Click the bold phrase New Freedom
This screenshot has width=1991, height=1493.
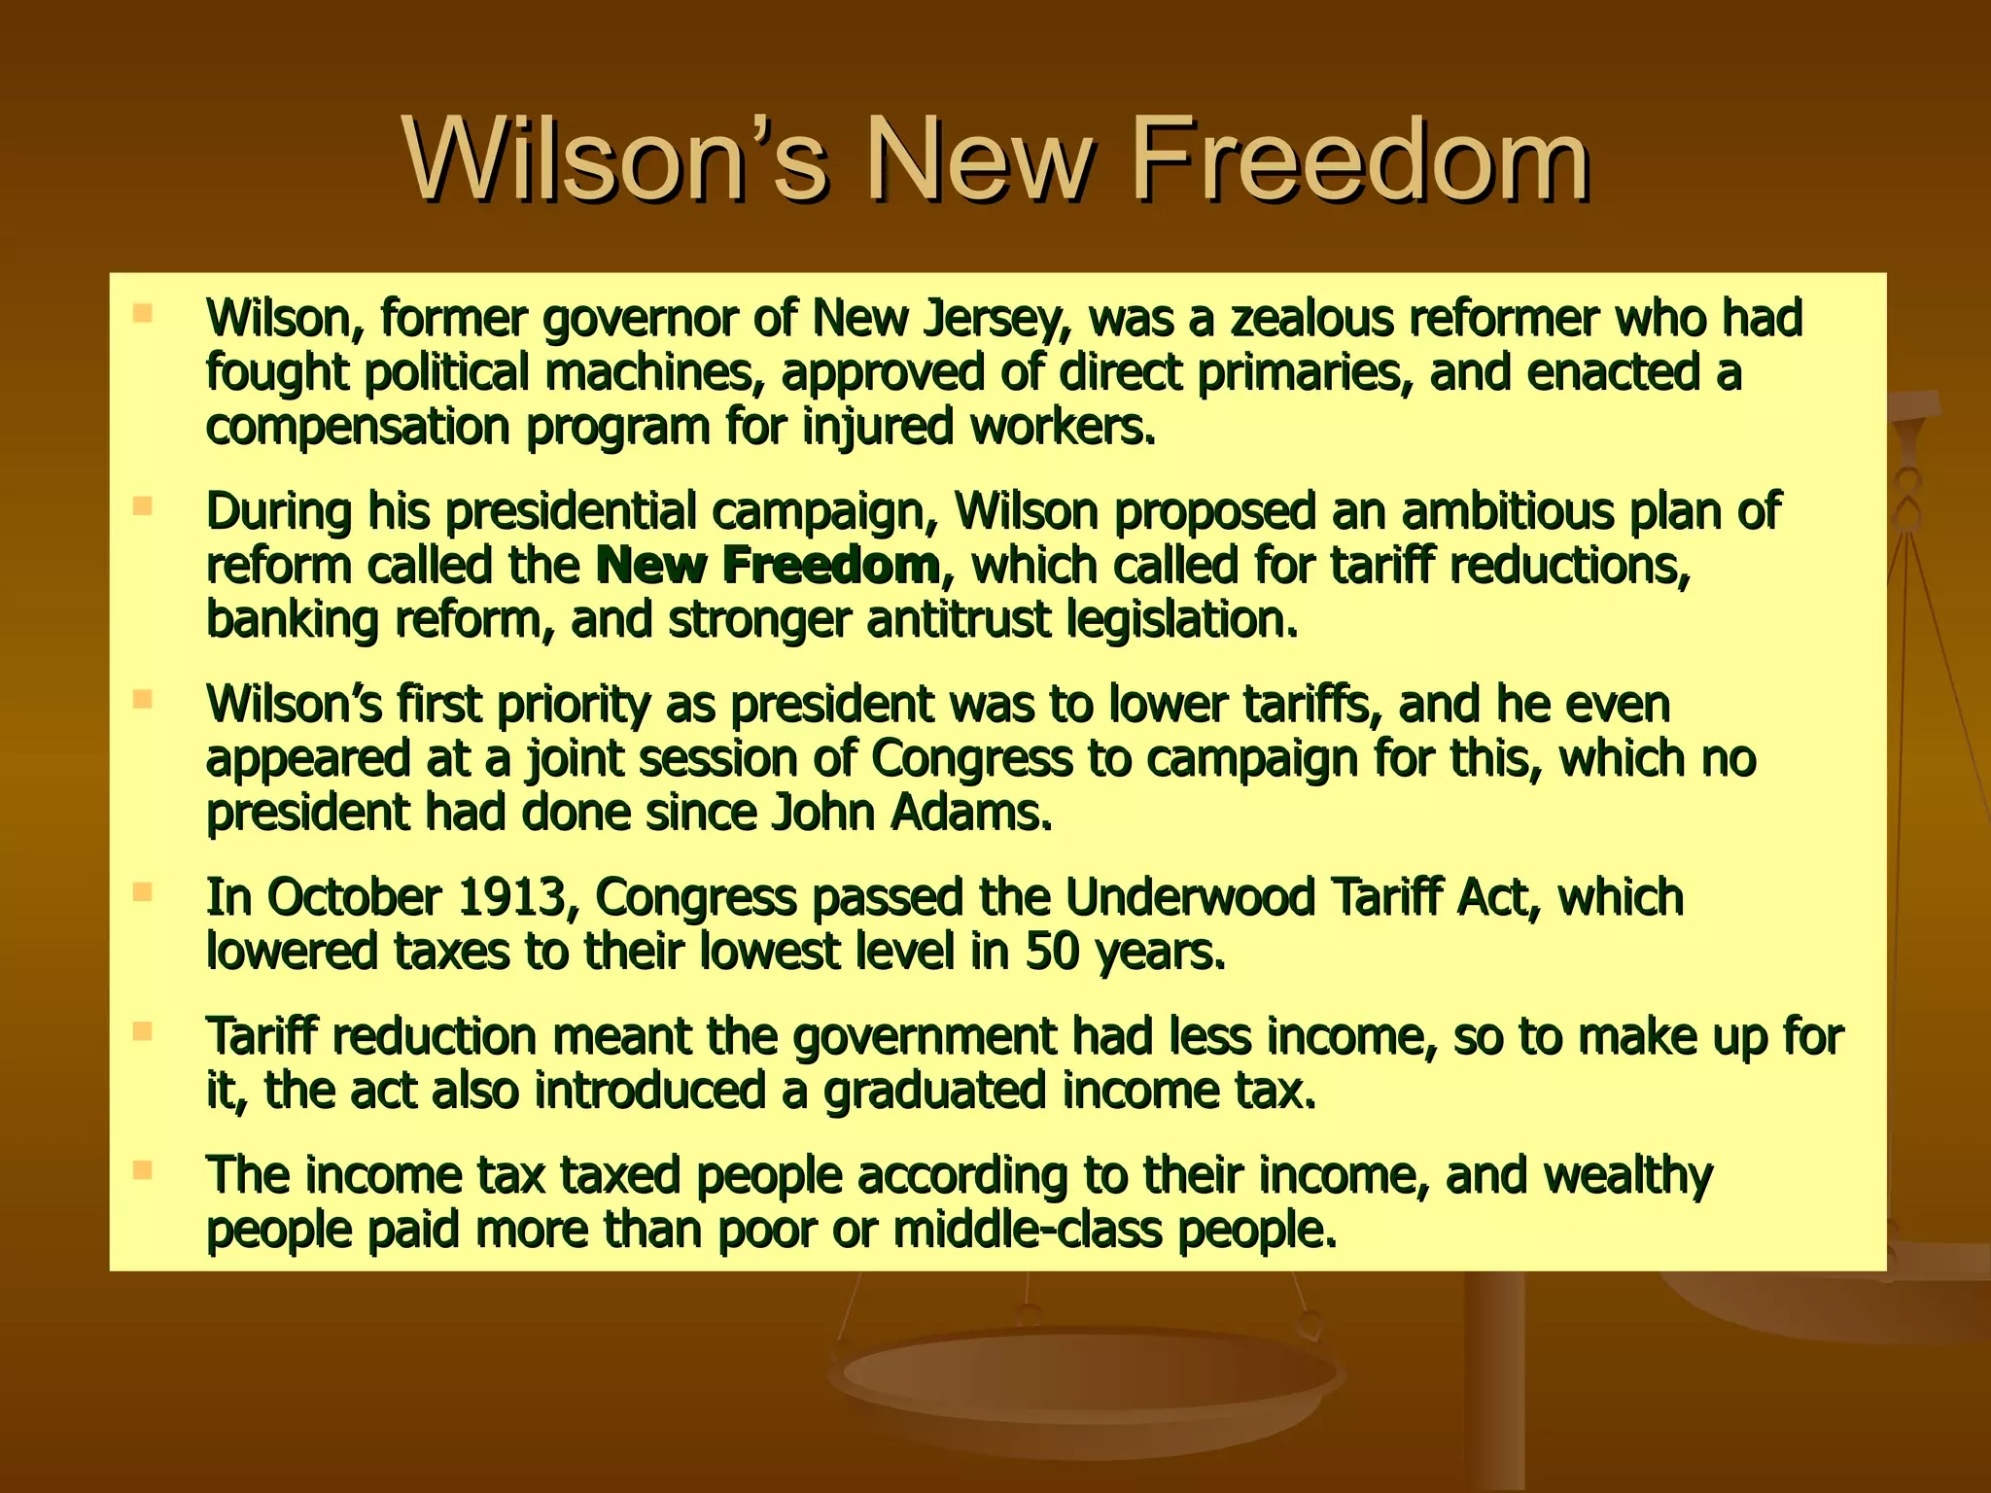coord(767,566)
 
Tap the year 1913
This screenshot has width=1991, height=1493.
coord(511,897)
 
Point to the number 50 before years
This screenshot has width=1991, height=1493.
coord(1052,952)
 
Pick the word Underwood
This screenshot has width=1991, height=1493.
coord(1190,897)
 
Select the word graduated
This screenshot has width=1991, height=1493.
coord(934,1091)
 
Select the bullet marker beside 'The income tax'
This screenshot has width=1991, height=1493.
coord(143,1170)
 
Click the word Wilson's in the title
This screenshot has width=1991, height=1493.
coord(616,158)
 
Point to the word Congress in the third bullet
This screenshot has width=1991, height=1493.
coord(971,759)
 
